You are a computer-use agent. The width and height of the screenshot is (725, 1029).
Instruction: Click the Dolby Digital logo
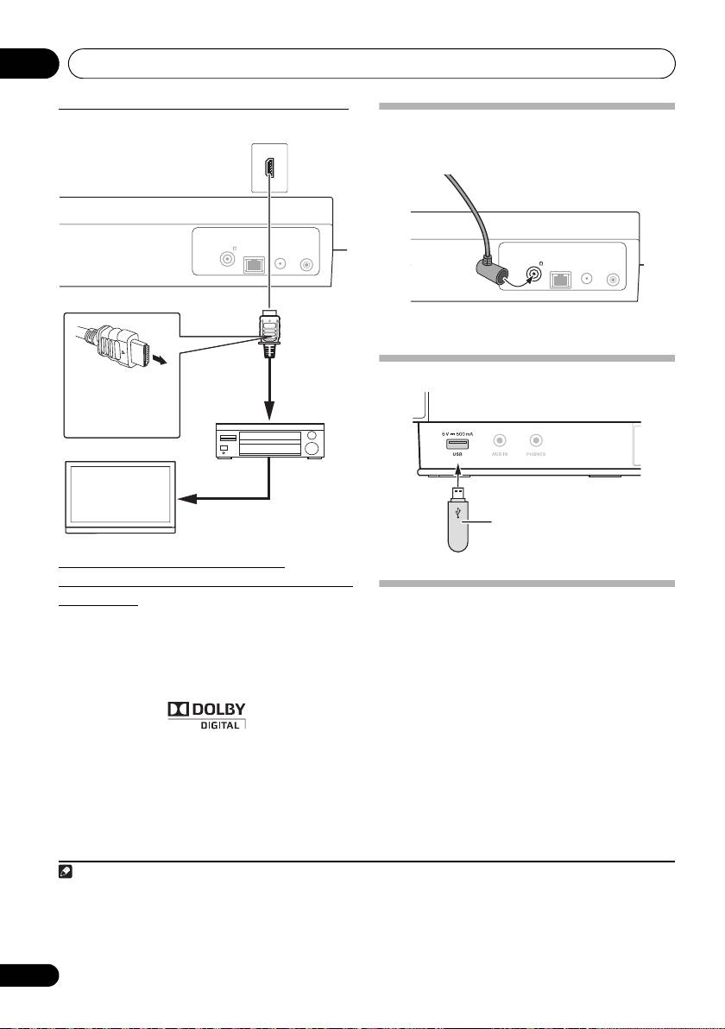pos(206,714)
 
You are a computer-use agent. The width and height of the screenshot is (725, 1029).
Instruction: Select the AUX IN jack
pos(499,439)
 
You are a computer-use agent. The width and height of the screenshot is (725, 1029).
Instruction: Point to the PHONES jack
pos(536,439)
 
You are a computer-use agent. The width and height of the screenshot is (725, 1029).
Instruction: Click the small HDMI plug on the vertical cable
pos(268,332)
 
